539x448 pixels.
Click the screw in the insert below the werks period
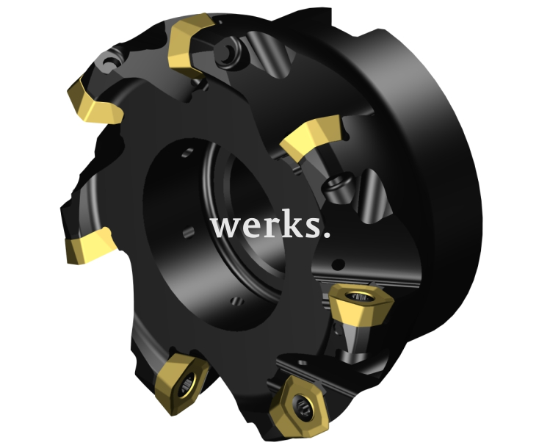point(358,297)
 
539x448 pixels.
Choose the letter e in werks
point(247,228)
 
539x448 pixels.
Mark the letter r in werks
point(266,228)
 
